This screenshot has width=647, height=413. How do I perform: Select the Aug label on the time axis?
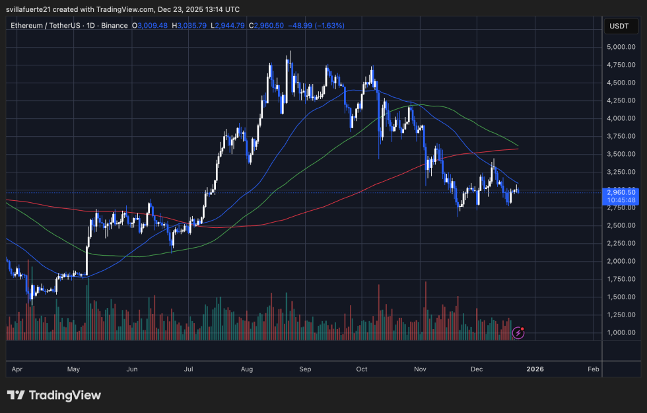pos(247,369)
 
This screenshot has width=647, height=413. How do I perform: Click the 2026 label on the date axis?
pos(535,369)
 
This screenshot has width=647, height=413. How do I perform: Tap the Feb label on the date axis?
pos(593,369)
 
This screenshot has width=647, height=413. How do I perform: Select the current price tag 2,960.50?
pos(621,192)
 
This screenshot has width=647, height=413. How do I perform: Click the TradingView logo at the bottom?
pos(54,395)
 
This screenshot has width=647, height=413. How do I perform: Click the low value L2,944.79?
pos(231,25)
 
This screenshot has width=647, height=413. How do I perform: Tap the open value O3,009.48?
pos(150,25)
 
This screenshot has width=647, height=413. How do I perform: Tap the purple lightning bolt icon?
pos(518,332)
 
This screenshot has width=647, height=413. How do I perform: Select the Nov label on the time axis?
pos(420,369)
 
